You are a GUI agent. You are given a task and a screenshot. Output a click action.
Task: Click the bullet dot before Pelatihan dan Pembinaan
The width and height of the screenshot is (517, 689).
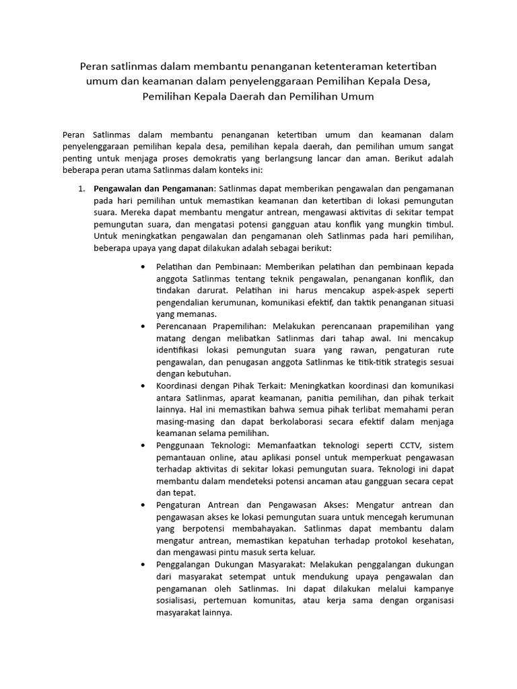click(x=144, y=266)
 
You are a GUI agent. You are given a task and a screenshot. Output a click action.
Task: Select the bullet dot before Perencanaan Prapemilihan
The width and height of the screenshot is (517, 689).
click(x=144, y=326)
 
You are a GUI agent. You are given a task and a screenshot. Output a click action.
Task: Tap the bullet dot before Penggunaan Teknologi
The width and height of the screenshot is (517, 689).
click(x=144, y=445)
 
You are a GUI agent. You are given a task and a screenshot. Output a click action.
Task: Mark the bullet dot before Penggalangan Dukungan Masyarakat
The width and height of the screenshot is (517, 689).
click(x=144, y=564)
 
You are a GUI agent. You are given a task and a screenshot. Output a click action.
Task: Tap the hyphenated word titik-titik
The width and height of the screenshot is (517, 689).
click(x=361, y=361)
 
